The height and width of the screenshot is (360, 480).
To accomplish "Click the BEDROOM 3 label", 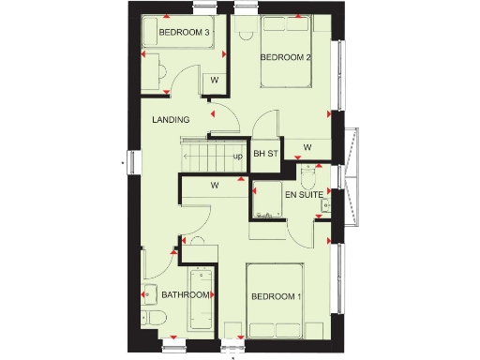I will coord(183,33).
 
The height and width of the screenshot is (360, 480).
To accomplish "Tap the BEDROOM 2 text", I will coord(285,58).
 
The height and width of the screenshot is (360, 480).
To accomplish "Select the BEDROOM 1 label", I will coord(276,297).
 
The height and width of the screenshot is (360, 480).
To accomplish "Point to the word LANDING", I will coord(172,119).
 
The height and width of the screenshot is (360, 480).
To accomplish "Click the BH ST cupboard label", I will coord(266,154).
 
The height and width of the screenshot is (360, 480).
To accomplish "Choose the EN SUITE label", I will coord(305,195).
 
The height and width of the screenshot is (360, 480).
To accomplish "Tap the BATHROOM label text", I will coord(185,294).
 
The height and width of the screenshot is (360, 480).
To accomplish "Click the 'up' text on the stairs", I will coord(238,156).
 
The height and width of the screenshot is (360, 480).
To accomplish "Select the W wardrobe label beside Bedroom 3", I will coord(214,81).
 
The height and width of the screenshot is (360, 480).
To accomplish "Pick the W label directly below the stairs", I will coord(214,186).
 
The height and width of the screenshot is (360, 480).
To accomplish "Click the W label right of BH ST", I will coord(307,147).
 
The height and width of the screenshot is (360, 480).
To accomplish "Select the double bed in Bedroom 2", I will coord(287,47).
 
